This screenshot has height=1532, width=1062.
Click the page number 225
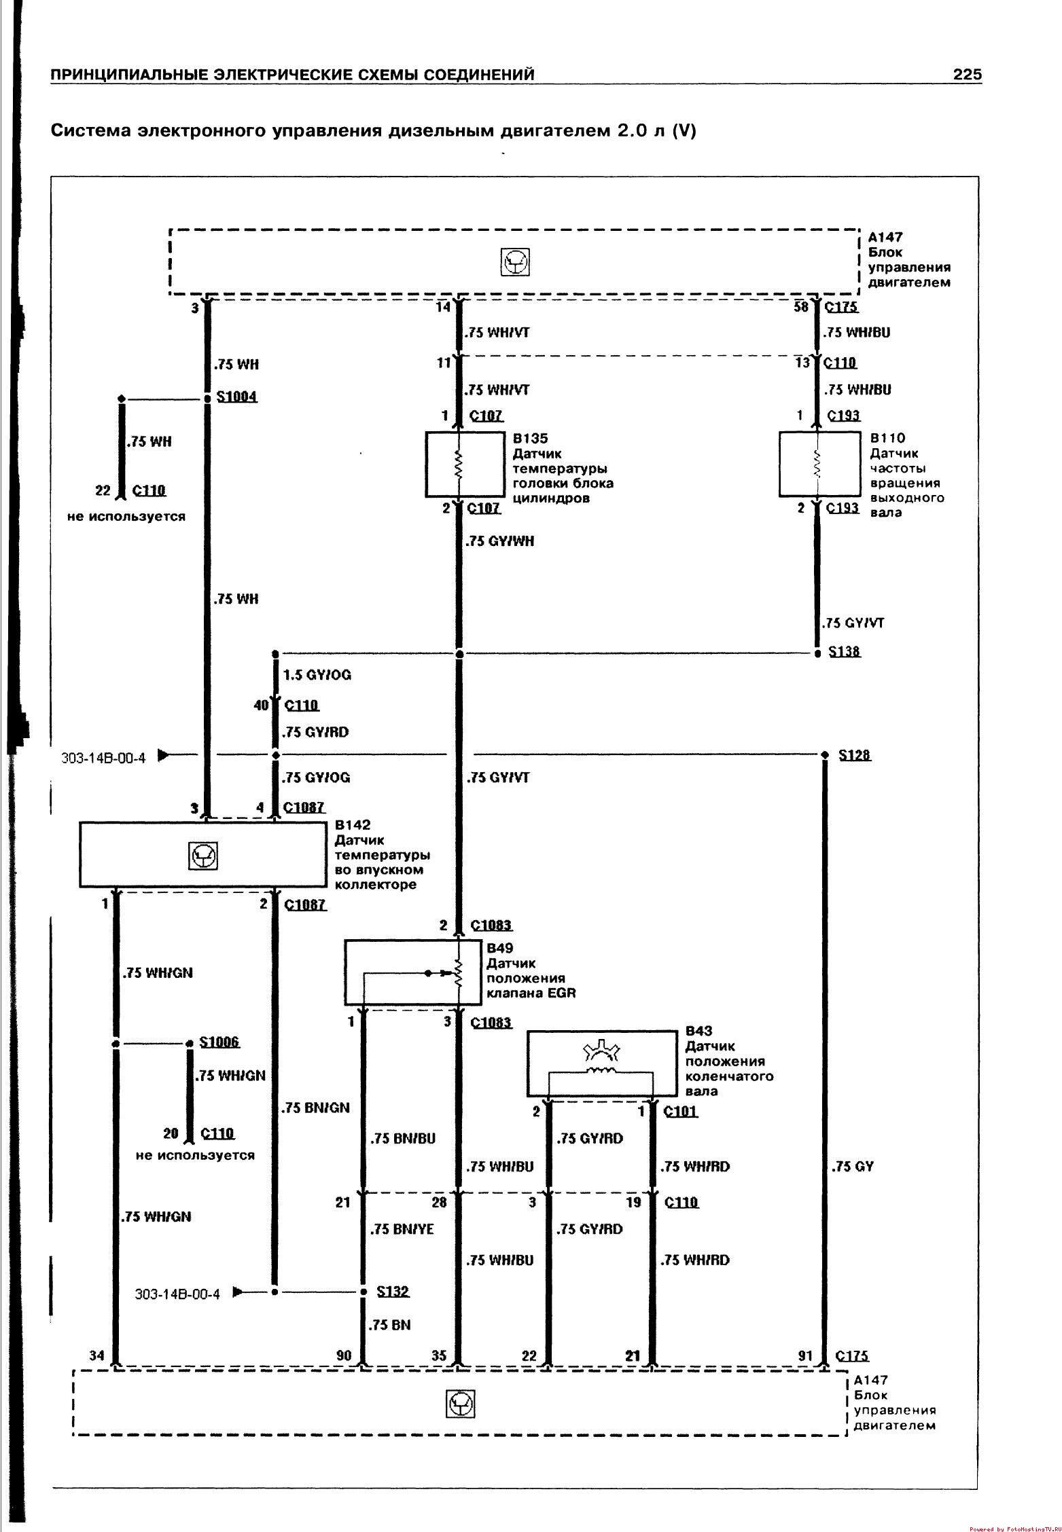(x=967, y=75)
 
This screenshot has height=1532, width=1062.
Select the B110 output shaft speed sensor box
(x=819, y=463)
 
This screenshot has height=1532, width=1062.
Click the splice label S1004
(x=236, y=397)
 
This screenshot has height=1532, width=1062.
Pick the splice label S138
(x=844, y=652)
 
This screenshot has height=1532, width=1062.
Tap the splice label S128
(x=855, y=755)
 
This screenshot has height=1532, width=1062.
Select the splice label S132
(x=393, y=1291)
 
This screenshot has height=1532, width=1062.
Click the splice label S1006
(x=219, y=1042)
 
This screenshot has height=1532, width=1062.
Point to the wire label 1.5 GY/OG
(x=317, y=675)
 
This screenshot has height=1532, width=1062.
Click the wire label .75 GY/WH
(x=500, y=541)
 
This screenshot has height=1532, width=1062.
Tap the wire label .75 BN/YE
(x=402, y=1228)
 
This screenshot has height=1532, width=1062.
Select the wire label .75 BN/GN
(x=315, y=1108)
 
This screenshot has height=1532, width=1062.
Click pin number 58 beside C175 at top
(x=802, y=307)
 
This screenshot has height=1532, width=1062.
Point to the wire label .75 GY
(x=852, y=1166)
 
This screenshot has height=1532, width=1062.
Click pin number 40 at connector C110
(x=261, y=706)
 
